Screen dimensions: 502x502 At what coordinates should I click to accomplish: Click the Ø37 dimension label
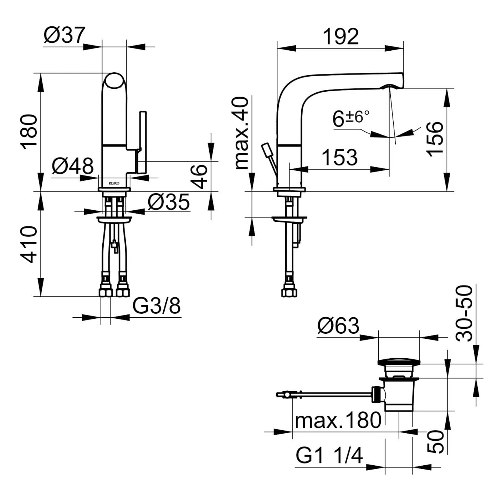pos(65,35)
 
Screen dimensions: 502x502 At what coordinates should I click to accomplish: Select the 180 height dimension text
pos(29,131)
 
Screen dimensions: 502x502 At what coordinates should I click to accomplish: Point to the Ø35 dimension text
pos(169,203)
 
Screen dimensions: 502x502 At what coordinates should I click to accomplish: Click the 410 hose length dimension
pos(29,244)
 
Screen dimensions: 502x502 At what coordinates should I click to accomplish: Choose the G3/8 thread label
pos(157,306)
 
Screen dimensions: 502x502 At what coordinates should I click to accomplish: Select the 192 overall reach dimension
pos(340,36)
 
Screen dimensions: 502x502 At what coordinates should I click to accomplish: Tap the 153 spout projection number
pos(339,157)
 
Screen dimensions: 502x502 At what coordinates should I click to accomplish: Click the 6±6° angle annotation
pos(351,118)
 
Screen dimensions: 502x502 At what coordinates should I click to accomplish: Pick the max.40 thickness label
pos(242,133)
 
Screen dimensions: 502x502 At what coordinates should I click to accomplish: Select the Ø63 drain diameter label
pos(338,326)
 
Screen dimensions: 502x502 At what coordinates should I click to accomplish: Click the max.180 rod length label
pos(338,420)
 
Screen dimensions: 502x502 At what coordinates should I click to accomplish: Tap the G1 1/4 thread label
pos(329,455)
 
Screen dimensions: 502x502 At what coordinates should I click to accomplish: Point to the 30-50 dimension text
pos(465,313)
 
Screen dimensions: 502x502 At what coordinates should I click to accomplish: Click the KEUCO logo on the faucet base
pos(114,183)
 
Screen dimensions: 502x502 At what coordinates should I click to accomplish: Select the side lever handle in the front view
pos(142,142)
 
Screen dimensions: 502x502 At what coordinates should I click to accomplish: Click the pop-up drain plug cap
pos(399,363)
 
